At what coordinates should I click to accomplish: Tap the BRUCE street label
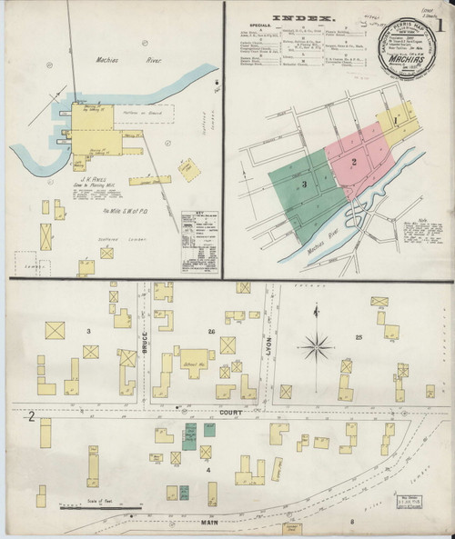pyautogui.click(x=145, y=344)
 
